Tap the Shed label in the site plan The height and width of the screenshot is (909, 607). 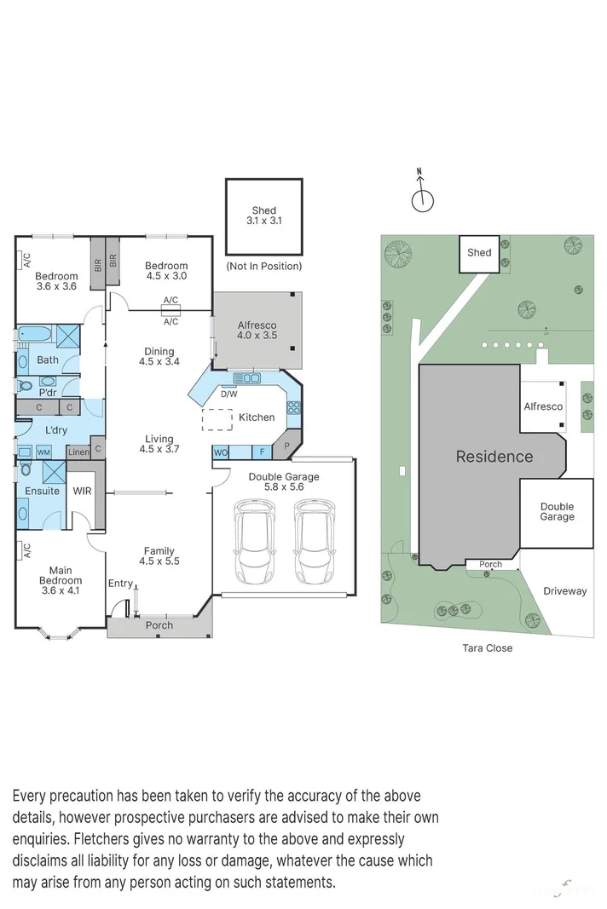[x=479, y=252]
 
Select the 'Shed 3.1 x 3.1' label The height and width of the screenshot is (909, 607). [x=263, y=216]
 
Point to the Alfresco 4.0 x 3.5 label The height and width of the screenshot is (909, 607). [x=257, y=331]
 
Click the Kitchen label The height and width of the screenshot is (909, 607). [x=256, y=417]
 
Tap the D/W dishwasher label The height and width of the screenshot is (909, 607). [x=228, y=394]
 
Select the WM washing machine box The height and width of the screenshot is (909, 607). [x=43, y=452]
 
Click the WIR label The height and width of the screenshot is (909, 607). [x=82, y=492]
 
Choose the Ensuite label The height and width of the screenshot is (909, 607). [x=42, y=492]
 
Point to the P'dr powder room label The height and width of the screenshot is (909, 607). [x=48, y=393]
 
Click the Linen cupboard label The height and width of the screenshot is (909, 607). [x=78, y=452]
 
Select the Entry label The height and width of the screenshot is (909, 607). [x=120, y=584]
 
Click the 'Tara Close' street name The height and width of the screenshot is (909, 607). [x=488, y=648]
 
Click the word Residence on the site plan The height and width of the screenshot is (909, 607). [x=494, y=457]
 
